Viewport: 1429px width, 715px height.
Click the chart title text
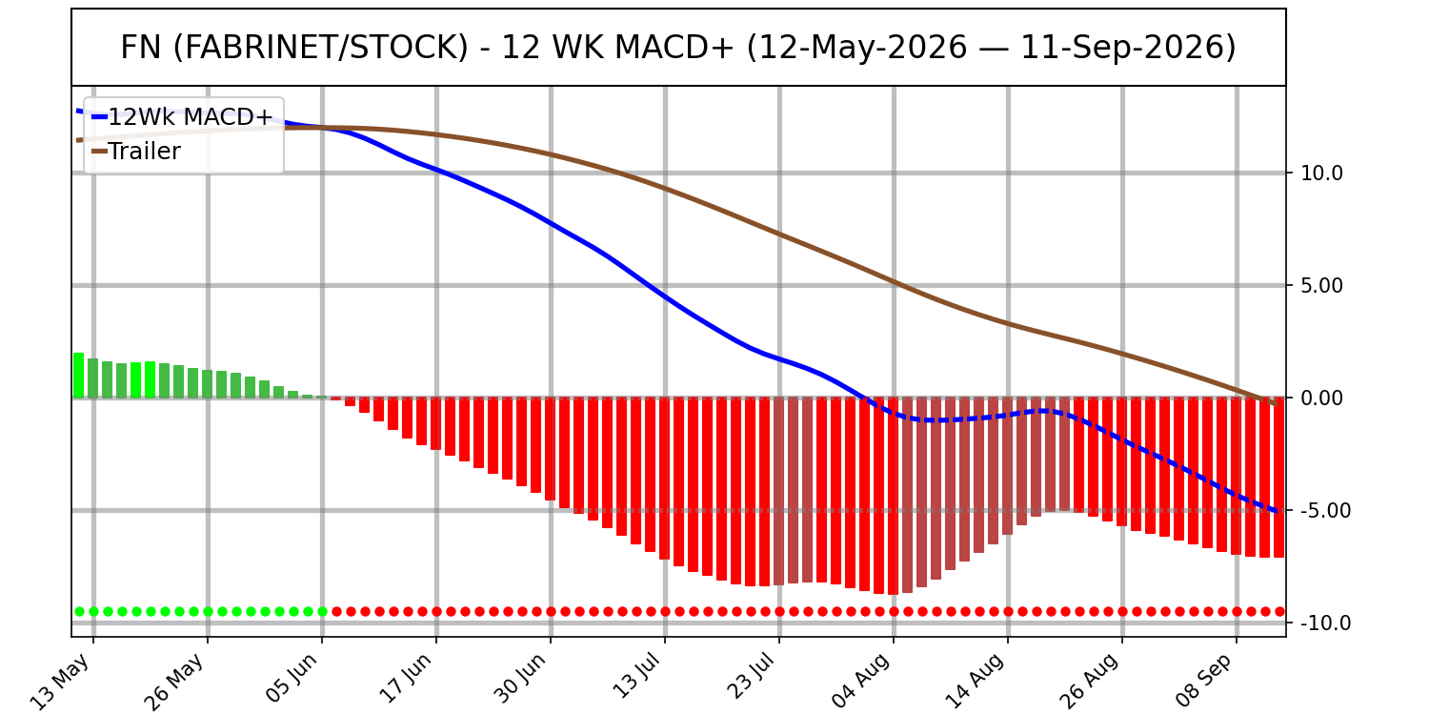(x=678, y=48)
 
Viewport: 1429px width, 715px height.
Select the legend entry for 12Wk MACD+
(x=183, y=117)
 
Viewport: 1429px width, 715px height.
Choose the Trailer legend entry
(x=136, y=152)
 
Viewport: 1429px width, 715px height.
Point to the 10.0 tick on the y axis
(x=1322, y=173)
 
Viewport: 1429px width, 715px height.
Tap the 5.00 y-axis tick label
(x=1322, y=285)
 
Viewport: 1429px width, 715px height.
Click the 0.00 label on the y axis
(x=1322, y=398)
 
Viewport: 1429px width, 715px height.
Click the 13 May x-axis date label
(x=62, y=681)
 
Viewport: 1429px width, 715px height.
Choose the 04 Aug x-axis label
(x=861, y=682)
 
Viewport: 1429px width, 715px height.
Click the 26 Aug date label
(x=1090, y=682)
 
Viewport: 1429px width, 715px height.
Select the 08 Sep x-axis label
(x=1204, y=681)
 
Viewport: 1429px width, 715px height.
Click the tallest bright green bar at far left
(x=79, y=376)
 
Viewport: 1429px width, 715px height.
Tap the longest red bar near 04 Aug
(x=894, y=496)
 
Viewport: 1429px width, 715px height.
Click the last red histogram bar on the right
(x=1278, y=478)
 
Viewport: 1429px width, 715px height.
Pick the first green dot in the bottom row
(x=80, y=612)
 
